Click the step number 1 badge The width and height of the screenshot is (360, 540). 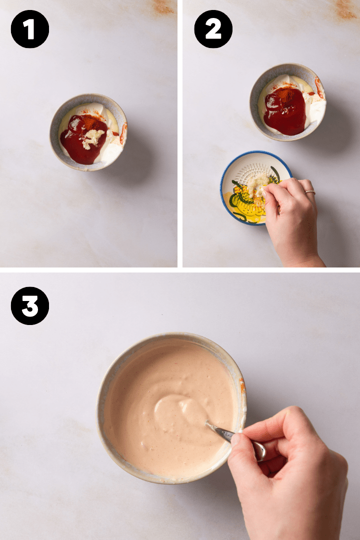click(30, 29)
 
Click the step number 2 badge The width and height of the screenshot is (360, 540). click(213, 29)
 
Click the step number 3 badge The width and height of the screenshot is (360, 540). click(30, 305)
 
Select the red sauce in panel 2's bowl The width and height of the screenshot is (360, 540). click(285, 112)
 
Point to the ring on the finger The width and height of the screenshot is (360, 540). click(310, 192)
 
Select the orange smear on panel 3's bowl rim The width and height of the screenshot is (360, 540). click(242, 385)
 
